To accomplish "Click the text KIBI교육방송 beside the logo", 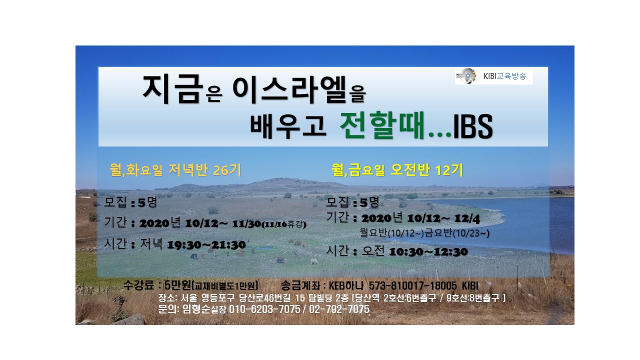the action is click(x=504, y=76).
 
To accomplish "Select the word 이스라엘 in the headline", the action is click(x=289, y=89).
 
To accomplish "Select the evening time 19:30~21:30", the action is click(x=206, y=245).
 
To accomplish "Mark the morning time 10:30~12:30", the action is click(x=428, y=252).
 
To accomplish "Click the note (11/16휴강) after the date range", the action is click(x=284, y=224).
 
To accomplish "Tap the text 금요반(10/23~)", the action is click(x=457, y=233).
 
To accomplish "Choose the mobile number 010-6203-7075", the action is click(x=264, y=309).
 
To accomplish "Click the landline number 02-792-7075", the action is click(x=339, y=309).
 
